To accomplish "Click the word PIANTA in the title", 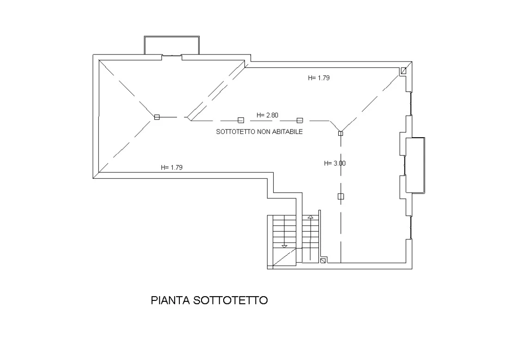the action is (171, 300).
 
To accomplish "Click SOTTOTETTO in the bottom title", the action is (231, 300).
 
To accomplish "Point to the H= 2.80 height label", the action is (268, 115).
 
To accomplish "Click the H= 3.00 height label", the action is (335, 163).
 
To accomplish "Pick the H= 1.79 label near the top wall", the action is (319, 78).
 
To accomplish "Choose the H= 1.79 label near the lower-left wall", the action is (171, 168).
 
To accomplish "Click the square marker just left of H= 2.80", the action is (241, 120).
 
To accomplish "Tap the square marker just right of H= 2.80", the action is (300, 120).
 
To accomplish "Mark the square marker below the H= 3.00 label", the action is (341, 196).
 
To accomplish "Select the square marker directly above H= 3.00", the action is (341, 133).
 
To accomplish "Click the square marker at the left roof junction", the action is (157, 117).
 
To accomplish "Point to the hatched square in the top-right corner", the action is (404, 71).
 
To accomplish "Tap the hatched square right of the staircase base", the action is (323, 261).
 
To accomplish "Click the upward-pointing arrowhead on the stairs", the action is (311, 217).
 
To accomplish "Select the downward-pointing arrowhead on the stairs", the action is (285, 246).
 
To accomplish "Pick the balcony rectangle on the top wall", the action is (171, 45).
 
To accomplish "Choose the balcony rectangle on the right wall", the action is (415, 165).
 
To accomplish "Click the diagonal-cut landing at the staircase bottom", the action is (285, 257).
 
